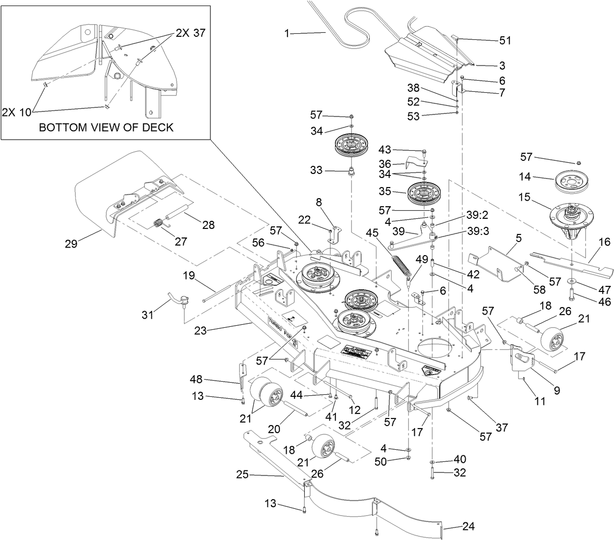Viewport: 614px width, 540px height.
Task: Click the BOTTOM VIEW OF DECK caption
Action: pos(106,127)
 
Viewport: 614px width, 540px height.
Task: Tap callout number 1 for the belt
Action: pos(287,33)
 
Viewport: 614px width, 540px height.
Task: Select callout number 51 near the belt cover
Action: pos(505,40)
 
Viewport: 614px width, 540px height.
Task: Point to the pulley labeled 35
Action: pos(422,192)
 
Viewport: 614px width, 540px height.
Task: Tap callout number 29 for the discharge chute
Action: pos(71,244)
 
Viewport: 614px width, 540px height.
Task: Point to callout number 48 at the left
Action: pos(197,379)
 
